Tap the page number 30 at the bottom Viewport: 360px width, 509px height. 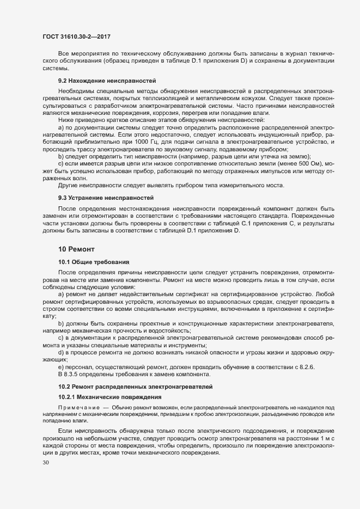(45, 463)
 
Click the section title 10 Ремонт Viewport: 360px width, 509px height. (76, 249)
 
